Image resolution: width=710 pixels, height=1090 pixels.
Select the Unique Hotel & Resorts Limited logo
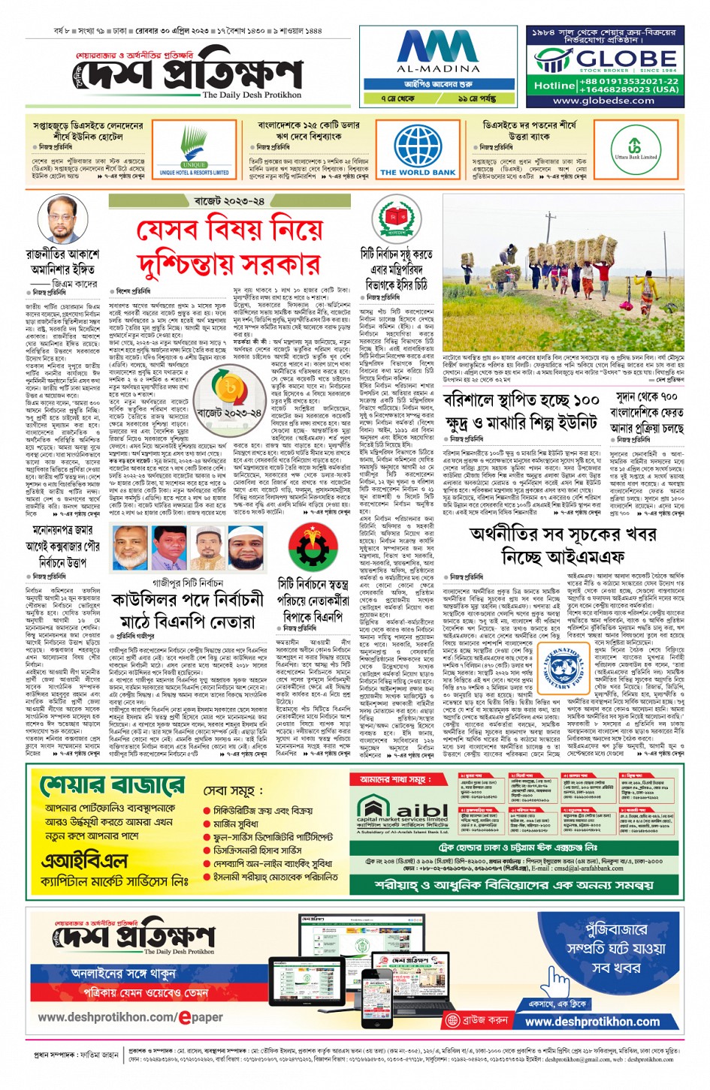point(194,151)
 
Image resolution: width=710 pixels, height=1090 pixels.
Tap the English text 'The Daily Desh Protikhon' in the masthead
point(252,95)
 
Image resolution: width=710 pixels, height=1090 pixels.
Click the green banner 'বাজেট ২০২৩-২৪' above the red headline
point(229,201)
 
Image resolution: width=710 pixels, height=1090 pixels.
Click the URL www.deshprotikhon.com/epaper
point(130,1017)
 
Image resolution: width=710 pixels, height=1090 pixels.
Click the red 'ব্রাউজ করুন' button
point(478,1020)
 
